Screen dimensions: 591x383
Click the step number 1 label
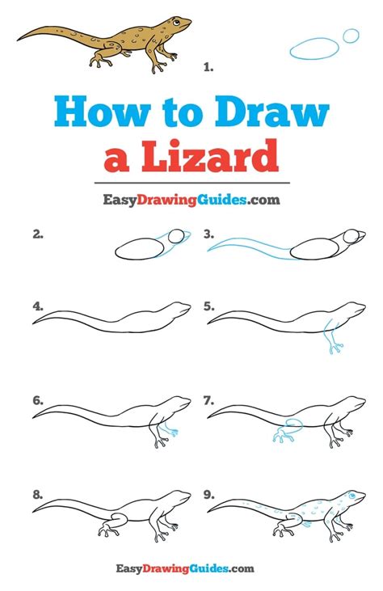[x=208, y=70]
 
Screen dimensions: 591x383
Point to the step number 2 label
[x=38, y=234]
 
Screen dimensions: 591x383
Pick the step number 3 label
[x=209, y=234]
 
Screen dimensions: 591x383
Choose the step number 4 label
[x=38, y=306]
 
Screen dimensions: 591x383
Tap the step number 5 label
[x=209, y=306]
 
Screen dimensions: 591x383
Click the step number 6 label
[x=38, y=399]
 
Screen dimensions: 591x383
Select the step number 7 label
[x=209, y=399]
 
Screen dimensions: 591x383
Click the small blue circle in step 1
[x=351, y=36]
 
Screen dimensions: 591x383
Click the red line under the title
[x=191, y=179]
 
